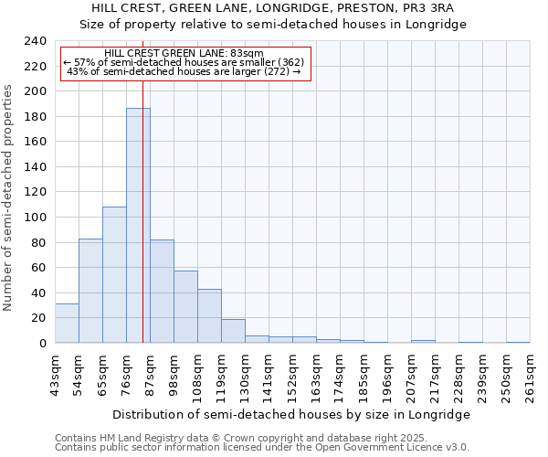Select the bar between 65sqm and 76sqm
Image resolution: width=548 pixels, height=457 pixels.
click(114, 274)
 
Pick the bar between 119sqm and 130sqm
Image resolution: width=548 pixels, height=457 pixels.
click(233, 331)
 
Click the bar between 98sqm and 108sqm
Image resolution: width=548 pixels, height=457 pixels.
click(185, 307)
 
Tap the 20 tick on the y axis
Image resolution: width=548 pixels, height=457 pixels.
click(37, 318)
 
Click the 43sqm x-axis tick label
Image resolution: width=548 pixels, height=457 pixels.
click(56, 373)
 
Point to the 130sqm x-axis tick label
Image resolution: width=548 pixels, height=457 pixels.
click(246, 373)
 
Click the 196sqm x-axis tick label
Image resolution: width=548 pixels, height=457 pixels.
click(388, 373)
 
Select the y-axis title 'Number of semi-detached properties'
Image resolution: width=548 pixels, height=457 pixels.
click(9, 197)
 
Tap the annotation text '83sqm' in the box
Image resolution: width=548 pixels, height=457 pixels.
click(248, 53)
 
